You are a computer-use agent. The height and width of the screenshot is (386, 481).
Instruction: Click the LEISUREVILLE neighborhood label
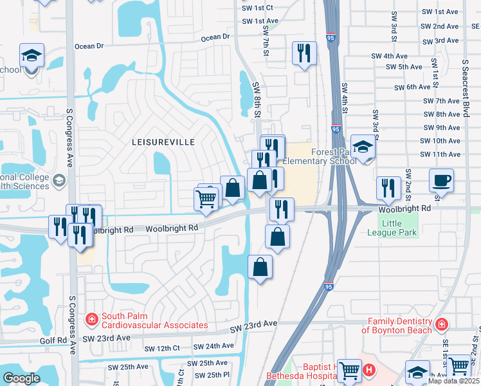tap(163, 142)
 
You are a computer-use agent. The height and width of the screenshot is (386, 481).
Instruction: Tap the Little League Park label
tap(400, 228)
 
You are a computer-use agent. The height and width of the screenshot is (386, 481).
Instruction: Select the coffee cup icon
tap(442, 180)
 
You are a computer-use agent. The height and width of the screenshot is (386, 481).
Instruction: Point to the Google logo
tap(21, 378)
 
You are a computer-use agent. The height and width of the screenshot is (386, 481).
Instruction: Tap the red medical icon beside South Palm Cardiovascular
tap(91, 318)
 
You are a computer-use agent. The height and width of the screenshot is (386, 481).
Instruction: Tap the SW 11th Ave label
tap(440, 154)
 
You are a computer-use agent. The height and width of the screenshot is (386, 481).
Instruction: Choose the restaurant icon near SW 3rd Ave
tap(304, 53)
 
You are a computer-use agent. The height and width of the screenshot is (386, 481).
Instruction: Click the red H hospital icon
tap(369, 371)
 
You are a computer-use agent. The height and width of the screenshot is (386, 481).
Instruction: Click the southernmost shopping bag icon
tap(260, 267)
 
